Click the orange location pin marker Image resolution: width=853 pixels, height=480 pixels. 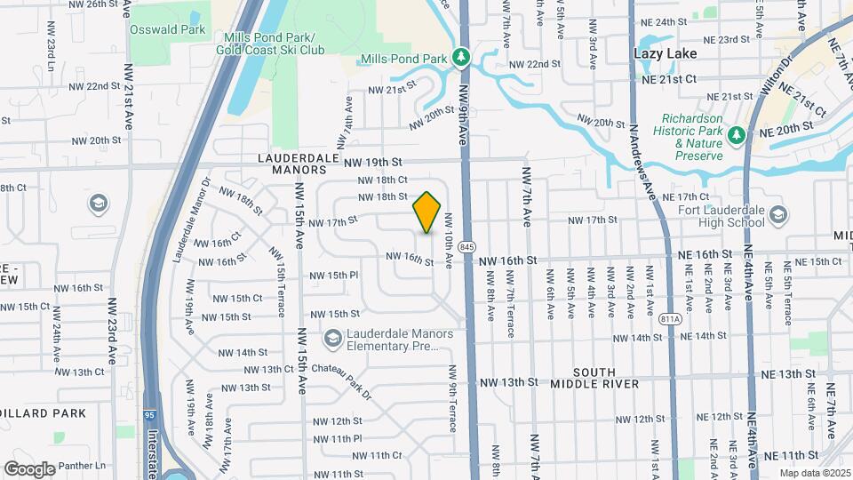(427, 212)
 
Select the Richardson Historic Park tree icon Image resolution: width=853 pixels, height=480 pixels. (736, 135)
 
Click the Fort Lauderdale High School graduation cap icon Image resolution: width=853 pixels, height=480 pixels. (778, 214)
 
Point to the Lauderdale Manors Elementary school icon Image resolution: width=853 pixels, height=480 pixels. (331, 338)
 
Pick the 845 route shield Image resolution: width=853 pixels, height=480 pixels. (468, 245)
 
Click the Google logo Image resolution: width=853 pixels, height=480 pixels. (29, 468)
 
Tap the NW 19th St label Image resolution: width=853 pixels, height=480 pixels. (373, 162)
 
